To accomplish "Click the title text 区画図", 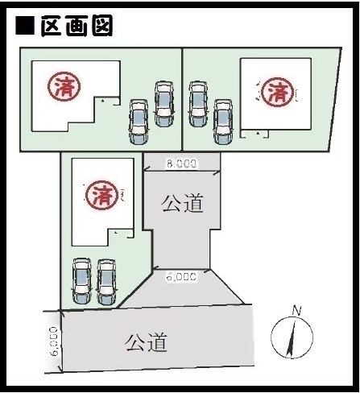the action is point(77,26).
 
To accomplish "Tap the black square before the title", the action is point(25,26).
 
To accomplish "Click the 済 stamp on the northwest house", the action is point(64,86).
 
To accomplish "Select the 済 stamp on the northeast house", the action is point(277,92).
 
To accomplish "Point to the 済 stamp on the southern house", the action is point(101,195).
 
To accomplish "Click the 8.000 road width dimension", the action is point(182,163).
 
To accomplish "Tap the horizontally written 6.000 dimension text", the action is point(181,276).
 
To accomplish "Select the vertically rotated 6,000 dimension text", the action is point(54,341).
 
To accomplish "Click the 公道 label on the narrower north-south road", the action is point(182,204).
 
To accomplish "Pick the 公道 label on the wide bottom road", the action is point(147,342).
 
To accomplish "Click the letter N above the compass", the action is point(296,311).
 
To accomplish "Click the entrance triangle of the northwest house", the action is point(103,101).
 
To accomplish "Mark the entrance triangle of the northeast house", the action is point(258,133).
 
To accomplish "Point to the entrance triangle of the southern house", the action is point(116,233).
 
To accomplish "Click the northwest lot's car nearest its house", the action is point(139,122).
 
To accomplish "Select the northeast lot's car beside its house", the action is point(223,122).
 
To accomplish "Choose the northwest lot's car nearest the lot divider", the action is point(163,104).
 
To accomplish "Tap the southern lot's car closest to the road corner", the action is point(106,282).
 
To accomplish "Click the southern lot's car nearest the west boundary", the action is point(82,281).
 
